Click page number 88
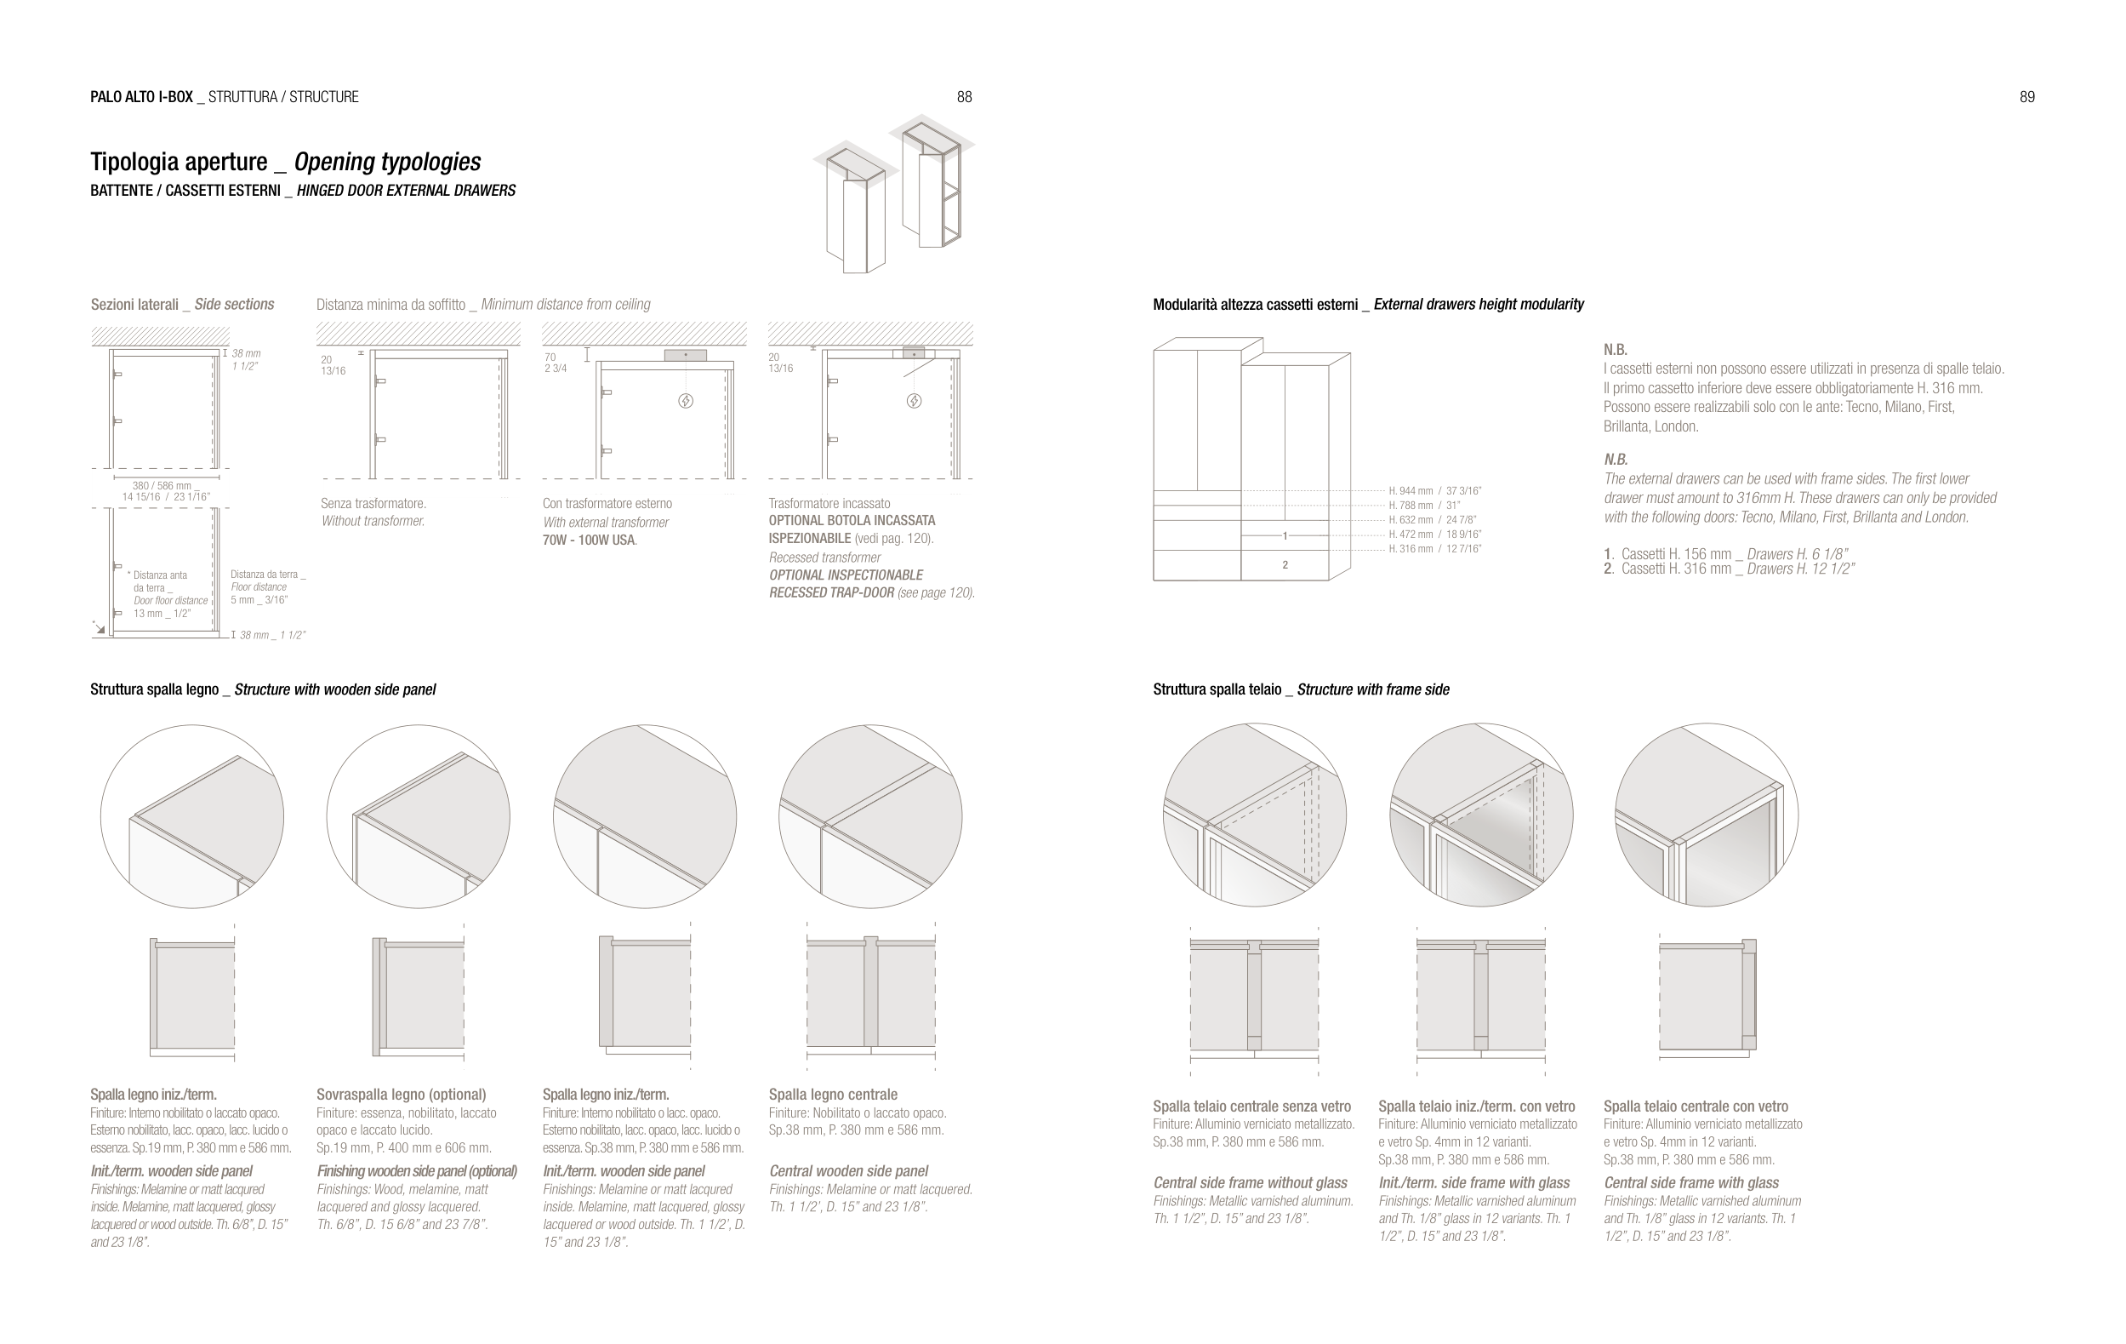[x=964, y=97]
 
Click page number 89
[x=2027, y=97]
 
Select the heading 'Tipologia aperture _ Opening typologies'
[x=285, y=162]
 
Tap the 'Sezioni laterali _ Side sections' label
[x=182, y=305]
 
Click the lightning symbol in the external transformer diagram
[x=685, y=401]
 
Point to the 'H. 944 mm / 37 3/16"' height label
[x=1434, y=491]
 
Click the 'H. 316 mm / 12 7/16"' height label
[x=1434, y=549]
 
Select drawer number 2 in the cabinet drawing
[x=1285, y=565]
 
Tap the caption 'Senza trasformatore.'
[x=373, y=503]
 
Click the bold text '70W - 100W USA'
[x=589, y=540]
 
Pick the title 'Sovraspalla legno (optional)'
[x=401, y=1095]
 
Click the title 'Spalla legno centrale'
[x=833, y=1095]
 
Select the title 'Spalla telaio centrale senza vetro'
[x=1251, y=1107]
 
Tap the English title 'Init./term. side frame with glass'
[x=1473, y=1183]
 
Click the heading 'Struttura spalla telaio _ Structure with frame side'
[x=1301, y=689]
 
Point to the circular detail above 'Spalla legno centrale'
[x=869, y=817]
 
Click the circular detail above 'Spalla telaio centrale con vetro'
[x=1706, y=815]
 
